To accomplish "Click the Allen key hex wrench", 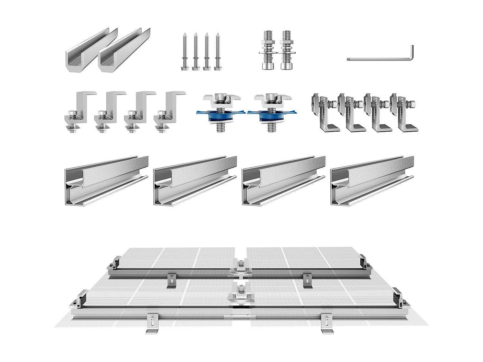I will pyautogui.click(x=380, y=59).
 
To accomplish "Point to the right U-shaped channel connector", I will pyautogui.click(x=122, y=51).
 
